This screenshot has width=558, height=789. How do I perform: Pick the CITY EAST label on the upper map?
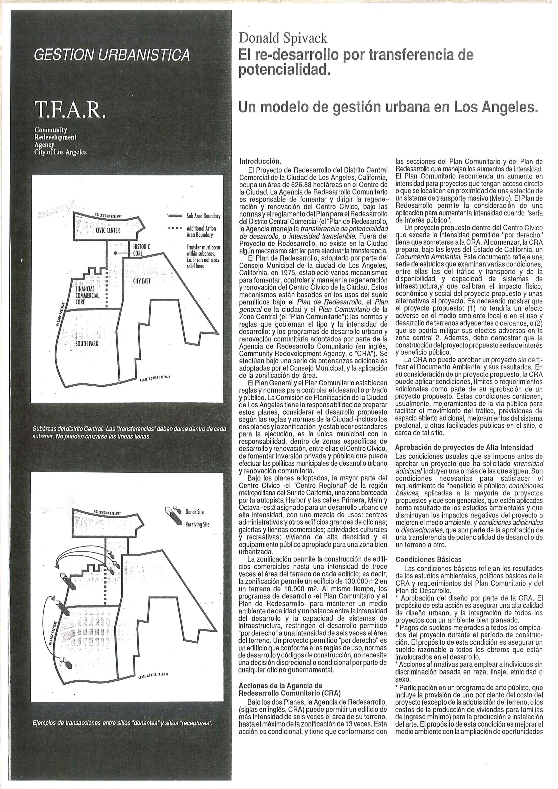(x=142, y=281)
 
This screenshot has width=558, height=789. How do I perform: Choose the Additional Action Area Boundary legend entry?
(x=201, y=232)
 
